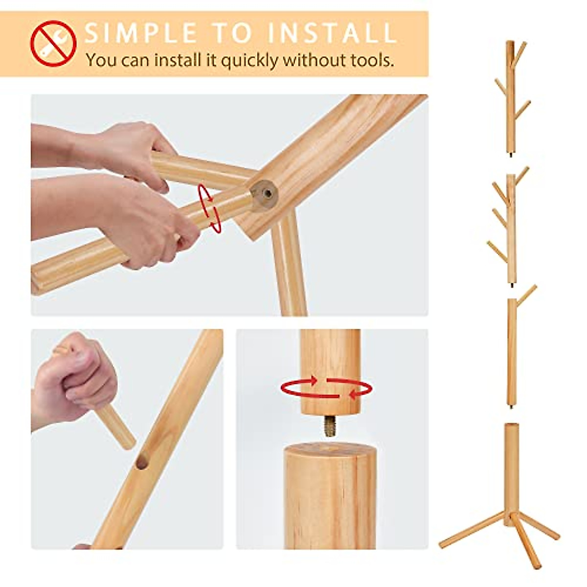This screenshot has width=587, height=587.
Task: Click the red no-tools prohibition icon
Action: tap(53, 44)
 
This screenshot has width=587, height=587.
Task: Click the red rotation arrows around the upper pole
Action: tap(326, 388)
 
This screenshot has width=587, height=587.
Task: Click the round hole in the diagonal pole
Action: tap(142, 461)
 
